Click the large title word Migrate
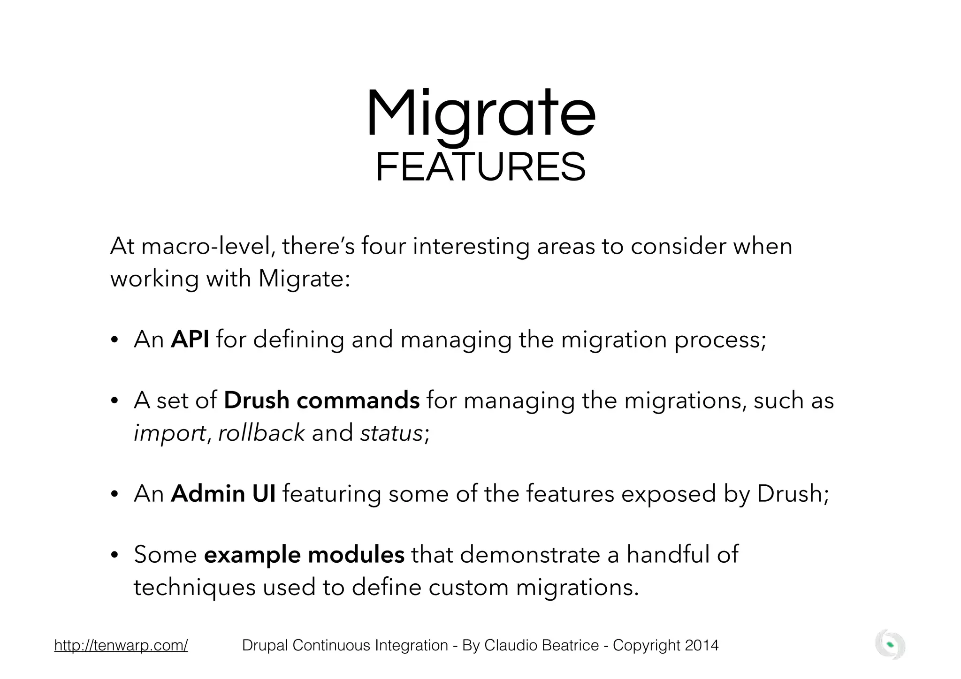[x=480, y=114]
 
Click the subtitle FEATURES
[x=480, y=168]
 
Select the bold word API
[x=190, y=339]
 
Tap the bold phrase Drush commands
[x=321, y=400]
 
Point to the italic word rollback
[x=261, y=432]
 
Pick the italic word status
[x=392, y=432]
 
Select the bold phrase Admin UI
[x=223, y=493]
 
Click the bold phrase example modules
[x=304, y=554]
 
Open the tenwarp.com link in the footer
[x=121, y=645]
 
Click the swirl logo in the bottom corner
[x=890, y=645]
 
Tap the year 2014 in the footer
[x=702, y=645]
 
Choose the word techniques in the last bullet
[x=194, y=588]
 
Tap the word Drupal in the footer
[x=265, y=645]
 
